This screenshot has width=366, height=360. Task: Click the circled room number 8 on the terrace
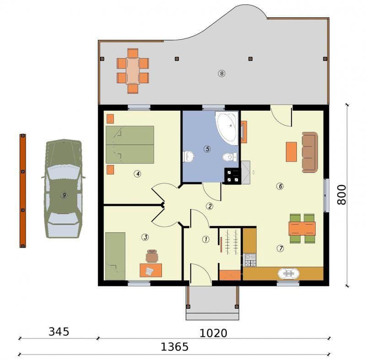click(x=221, y=74)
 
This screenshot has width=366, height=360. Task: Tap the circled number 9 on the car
click(x=64, y=195)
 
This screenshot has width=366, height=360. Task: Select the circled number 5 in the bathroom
click(x=207, y=149)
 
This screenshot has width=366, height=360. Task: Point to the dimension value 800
click(x=341, y=195)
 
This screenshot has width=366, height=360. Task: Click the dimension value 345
click(x=59, y=332)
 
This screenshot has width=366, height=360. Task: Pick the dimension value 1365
click(x=175, y=347)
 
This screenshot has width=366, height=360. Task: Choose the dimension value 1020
click(x=213, y=333)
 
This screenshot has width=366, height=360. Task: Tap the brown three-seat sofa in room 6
click(x=310, y=152)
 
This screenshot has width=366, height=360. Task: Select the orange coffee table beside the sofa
click(x=291, y=152)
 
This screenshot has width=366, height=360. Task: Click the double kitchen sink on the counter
click(x=289, y=274)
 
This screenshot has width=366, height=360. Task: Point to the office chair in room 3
click(x=152, y=256)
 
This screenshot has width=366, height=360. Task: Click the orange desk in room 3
click(x=151, y=270)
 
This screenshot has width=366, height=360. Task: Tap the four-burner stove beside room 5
click(x=232, y=176)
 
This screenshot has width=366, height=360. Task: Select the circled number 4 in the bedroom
click(x=137, y=174)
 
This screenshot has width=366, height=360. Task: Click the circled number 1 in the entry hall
click(x=205, y=239)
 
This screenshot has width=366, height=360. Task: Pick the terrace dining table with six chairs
click(x=133, y=71)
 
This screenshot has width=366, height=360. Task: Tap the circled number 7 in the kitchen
click(x=280, y=248)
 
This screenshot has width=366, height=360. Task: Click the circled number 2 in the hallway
click(x=210, y=206)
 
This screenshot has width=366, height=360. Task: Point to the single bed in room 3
click(x=115, y=256)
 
